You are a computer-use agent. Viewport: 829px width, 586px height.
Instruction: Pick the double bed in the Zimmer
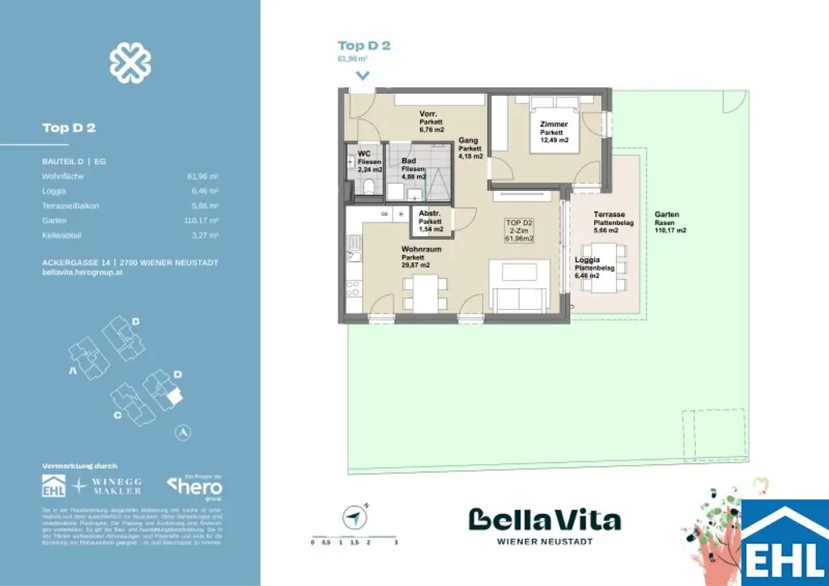point(554,107)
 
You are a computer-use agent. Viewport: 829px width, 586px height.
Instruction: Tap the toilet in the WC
point(368,188)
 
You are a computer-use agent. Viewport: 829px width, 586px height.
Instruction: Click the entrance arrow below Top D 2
point(362,75)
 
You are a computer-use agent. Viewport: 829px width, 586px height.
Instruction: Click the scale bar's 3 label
point(395,543)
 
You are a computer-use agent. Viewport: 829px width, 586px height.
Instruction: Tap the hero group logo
point(194,486)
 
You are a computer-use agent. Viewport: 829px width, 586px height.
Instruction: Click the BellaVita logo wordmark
point(545,519)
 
